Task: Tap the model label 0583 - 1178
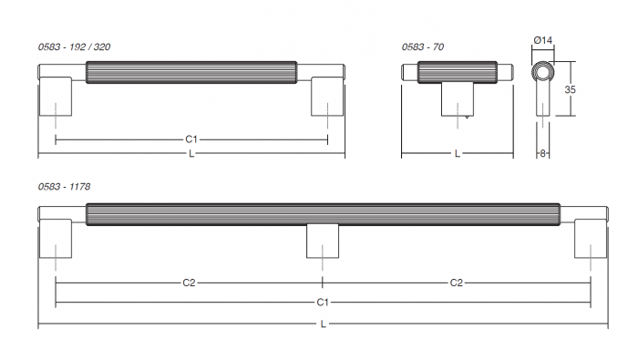pyautogui.click(x=64, y=186)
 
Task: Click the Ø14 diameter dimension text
pyautogui.click(x=543, y=39)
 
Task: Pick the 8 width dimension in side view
pyautogui.click(x=543, y=153)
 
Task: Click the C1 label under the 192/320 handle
pyautogui.click(x=191, y=139)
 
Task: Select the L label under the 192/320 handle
pyautogui.click(x=191, y=154)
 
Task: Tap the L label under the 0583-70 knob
pyautogui.click(x=457, y=154)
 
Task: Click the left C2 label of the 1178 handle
pyautogui.click(x=189, y=283)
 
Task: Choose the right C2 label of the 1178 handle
pyautogui.click(x=457, y=283)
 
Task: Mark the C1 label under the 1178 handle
pyautogui.click(x=323, y=302)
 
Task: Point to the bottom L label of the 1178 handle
pyautogui.click(x=323, y=324)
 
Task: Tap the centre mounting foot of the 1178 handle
pyautogui.click(x=323, y=241)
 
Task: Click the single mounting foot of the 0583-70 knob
pyautogui.click(x=457, y=98)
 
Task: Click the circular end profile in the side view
pyautogui.click(x=543, y=73)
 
